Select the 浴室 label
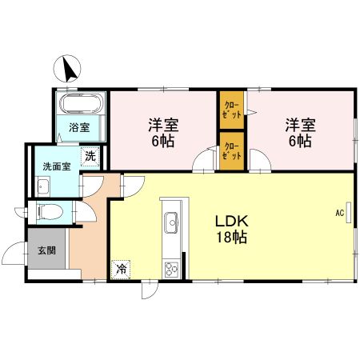[78, 127]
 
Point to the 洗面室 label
[56, 168]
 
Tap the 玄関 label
[46, 250]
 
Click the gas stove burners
[171, 268]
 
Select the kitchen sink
[170, 221]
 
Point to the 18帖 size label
[231, 237]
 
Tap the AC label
[339, 213]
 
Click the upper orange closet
[230, 110]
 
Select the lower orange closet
[230, 150]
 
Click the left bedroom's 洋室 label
[162, 125]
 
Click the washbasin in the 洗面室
[42, 187]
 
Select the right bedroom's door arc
[260, 162]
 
